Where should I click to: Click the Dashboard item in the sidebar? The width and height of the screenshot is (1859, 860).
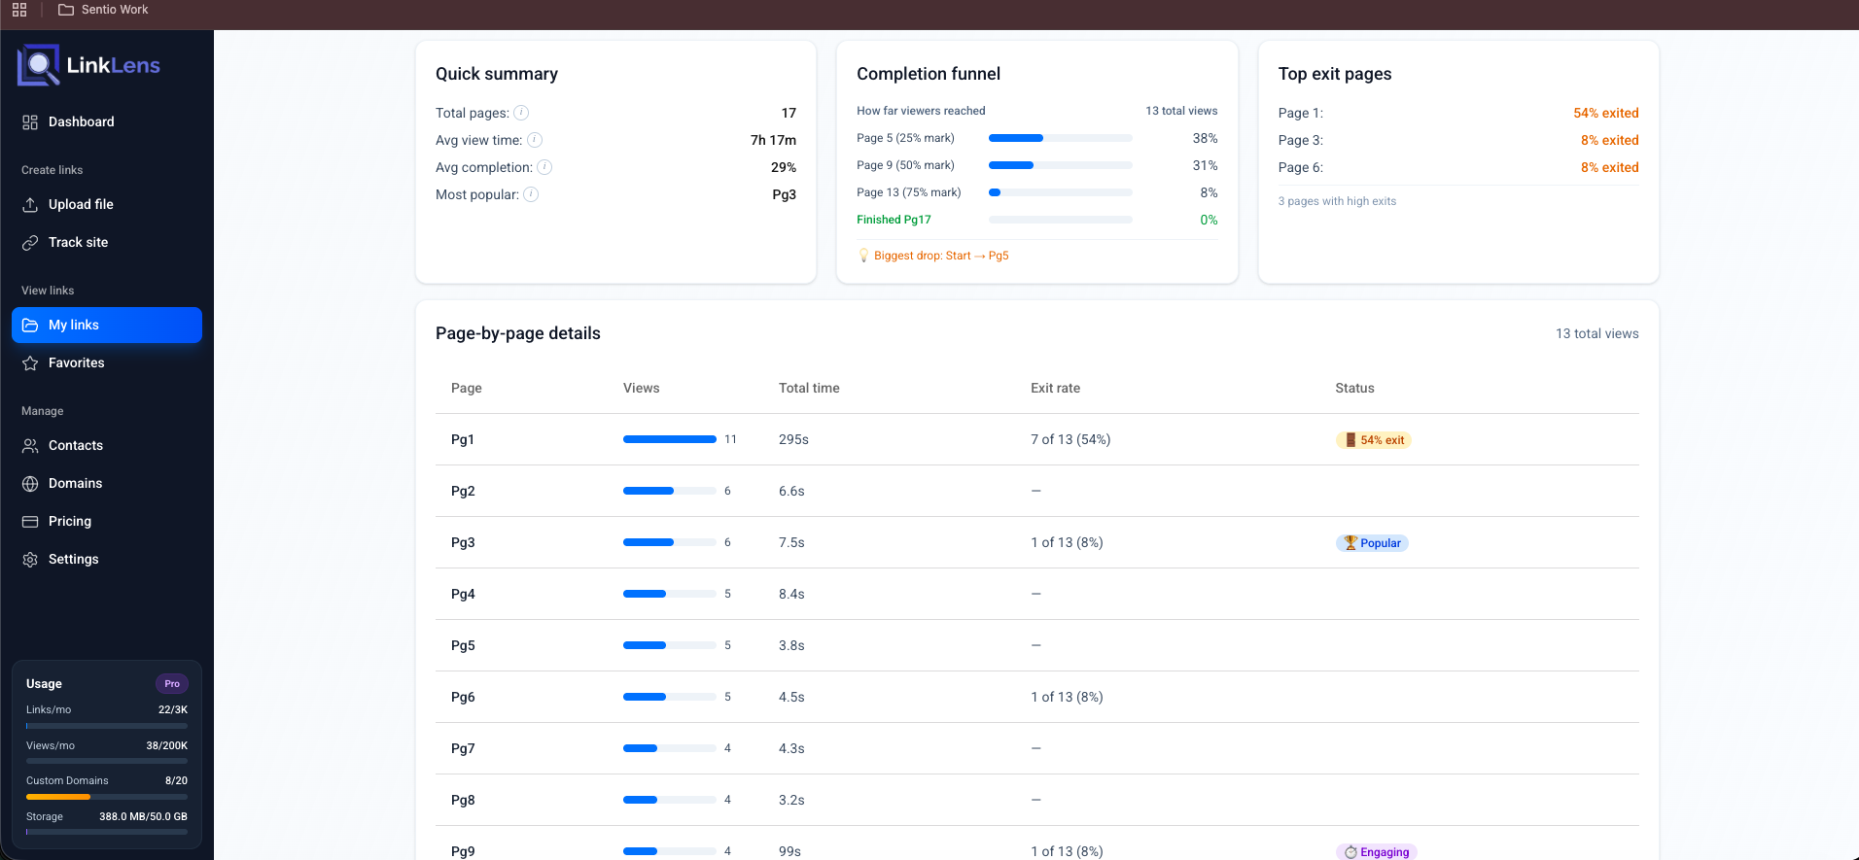[81, 121]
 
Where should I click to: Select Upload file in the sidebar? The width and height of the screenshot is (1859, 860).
[81, 204]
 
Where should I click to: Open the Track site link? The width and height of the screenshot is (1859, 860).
[78, 242]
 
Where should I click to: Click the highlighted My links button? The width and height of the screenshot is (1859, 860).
[107, 325]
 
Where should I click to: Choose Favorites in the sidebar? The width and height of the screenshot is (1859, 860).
[76, 362]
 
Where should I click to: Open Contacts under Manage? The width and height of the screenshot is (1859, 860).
[75, 445]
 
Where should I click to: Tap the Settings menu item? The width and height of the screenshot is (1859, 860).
[73, 559]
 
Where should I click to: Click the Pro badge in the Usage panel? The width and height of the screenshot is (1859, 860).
[172, 684]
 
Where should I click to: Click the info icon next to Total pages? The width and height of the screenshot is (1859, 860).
[521, 113]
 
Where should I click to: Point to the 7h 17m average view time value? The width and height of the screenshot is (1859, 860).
[773, 140]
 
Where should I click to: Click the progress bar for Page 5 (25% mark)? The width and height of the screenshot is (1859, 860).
[1060, 138]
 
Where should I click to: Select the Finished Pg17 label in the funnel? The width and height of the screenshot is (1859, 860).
[894, 220]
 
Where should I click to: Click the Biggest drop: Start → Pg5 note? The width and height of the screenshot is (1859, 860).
[940, 256]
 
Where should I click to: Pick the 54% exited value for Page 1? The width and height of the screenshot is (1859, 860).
[1605, 113]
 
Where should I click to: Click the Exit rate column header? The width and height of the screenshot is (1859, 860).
[1055, 388]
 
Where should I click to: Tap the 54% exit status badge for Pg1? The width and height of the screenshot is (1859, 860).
[1373, 440]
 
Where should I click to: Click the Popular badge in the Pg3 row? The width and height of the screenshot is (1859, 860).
[1372, 543]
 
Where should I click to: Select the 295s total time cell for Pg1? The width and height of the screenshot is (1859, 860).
[793, 439]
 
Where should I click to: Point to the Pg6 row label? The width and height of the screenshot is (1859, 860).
[463, 697]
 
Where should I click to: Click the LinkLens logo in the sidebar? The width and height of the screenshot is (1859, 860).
[88, 65]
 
